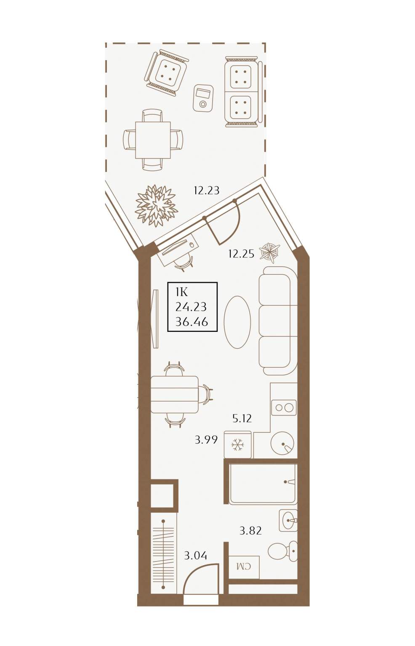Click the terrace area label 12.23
point(207,191)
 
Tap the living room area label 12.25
point(241,254)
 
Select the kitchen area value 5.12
point(242,418)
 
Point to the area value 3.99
point(206,440)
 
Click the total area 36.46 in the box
point(192,322)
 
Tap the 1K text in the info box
point(182,293)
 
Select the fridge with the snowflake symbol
point(237,445)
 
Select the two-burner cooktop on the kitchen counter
point(284,408)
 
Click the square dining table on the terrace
point(153,140)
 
